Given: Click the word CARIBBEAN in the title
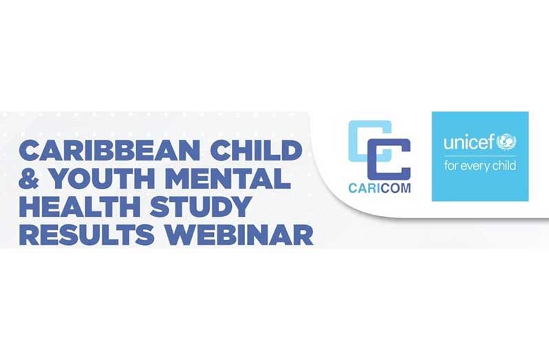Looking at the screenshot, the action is tap(109, 150).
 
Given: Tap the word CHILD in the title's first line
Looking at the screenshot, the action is tap(257, 150).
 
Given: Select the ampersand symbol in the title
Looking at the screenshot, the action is tap(29, 178).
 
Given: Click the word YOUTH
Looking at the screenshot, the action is tap(102, 178).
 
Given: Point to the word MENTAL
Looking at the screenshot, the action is tap(228, 178).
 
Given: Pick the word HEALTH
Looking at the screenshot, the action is tap(80, 207).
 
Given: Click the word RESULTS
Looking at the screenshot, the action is tap(87, 235).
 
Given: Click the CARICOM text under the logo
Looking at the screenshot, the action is tap(380, 188).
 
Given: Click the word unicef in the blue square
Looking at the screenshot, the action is tap(469, 142).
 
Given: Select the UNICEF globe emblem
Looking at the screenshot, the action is tap(506, 142).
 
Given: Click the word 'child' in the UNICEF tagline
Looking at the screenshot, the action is tap(504, 165).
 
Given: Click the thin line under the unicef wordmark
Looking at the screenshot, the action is tap(480, 156).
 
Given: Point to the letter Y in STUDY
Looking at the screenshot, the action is tap(240, 207).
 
